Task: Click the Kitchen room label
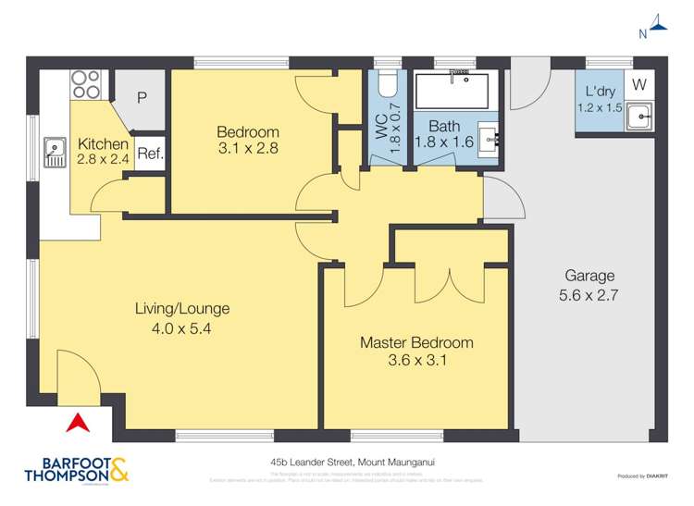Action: pyautogui.click(x=103, y=144)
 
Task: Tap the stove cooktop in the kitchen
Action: pyautogui.click(x=85, y=85)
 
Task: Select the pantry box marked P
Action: pyautogui.click(x=142, y=97)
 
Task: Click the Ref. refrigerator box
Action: pyautogui.click(x=150, y=154)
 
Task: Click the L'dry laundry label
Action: pyautogui.click(x=601, y=92)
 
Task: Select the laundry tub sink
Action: pyautogui.click(x=638, y=117)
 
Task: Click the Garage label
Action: pyautogui.click(x=589, y=276)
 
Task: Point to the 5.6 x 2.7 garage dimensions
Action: pyautogui.click(x=589, y=296)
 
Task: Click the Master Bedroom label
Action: pyautogui.click(x=416, y=342)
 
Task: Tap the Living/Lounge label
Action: pyautogui.click(x=181, y=309)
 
